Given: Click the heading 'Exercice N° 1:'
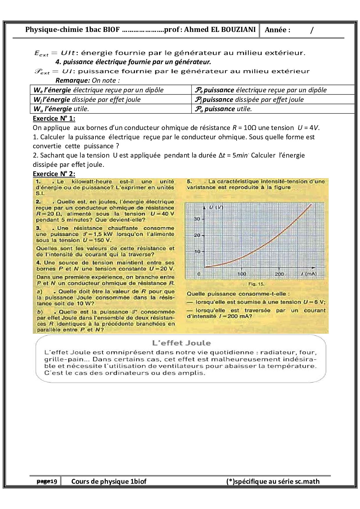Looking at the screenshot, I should [54, 118].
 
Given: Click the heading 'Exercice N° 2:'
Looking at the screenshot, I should [54, 174].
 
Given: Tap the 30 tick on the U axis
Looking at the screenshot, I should [197, 219].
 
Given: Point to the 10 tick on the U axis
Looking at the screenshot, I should [197, 251].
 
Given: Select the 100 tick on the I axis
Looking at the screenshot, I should [242, 274].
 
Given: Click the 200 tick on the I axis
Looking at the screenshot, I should [279, 274].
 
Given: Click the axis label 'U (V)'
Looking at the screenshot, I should [216, 207].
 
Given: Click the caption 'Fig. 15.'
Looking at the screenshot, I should [256, 284].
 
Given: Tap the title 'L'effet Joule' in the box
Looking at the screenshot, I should [181, 343].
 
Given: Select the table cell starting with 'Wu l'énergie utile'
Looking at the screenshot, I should [61, 109].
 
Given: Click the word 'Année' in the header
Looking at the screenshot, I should [278, 30].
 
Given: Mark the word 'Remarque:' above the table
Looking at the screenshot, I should [73, 80].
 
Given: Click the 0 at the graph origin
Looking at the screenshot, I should [199, 274].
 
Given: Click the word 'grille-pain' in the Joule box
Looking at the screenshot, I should [58, 359].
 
